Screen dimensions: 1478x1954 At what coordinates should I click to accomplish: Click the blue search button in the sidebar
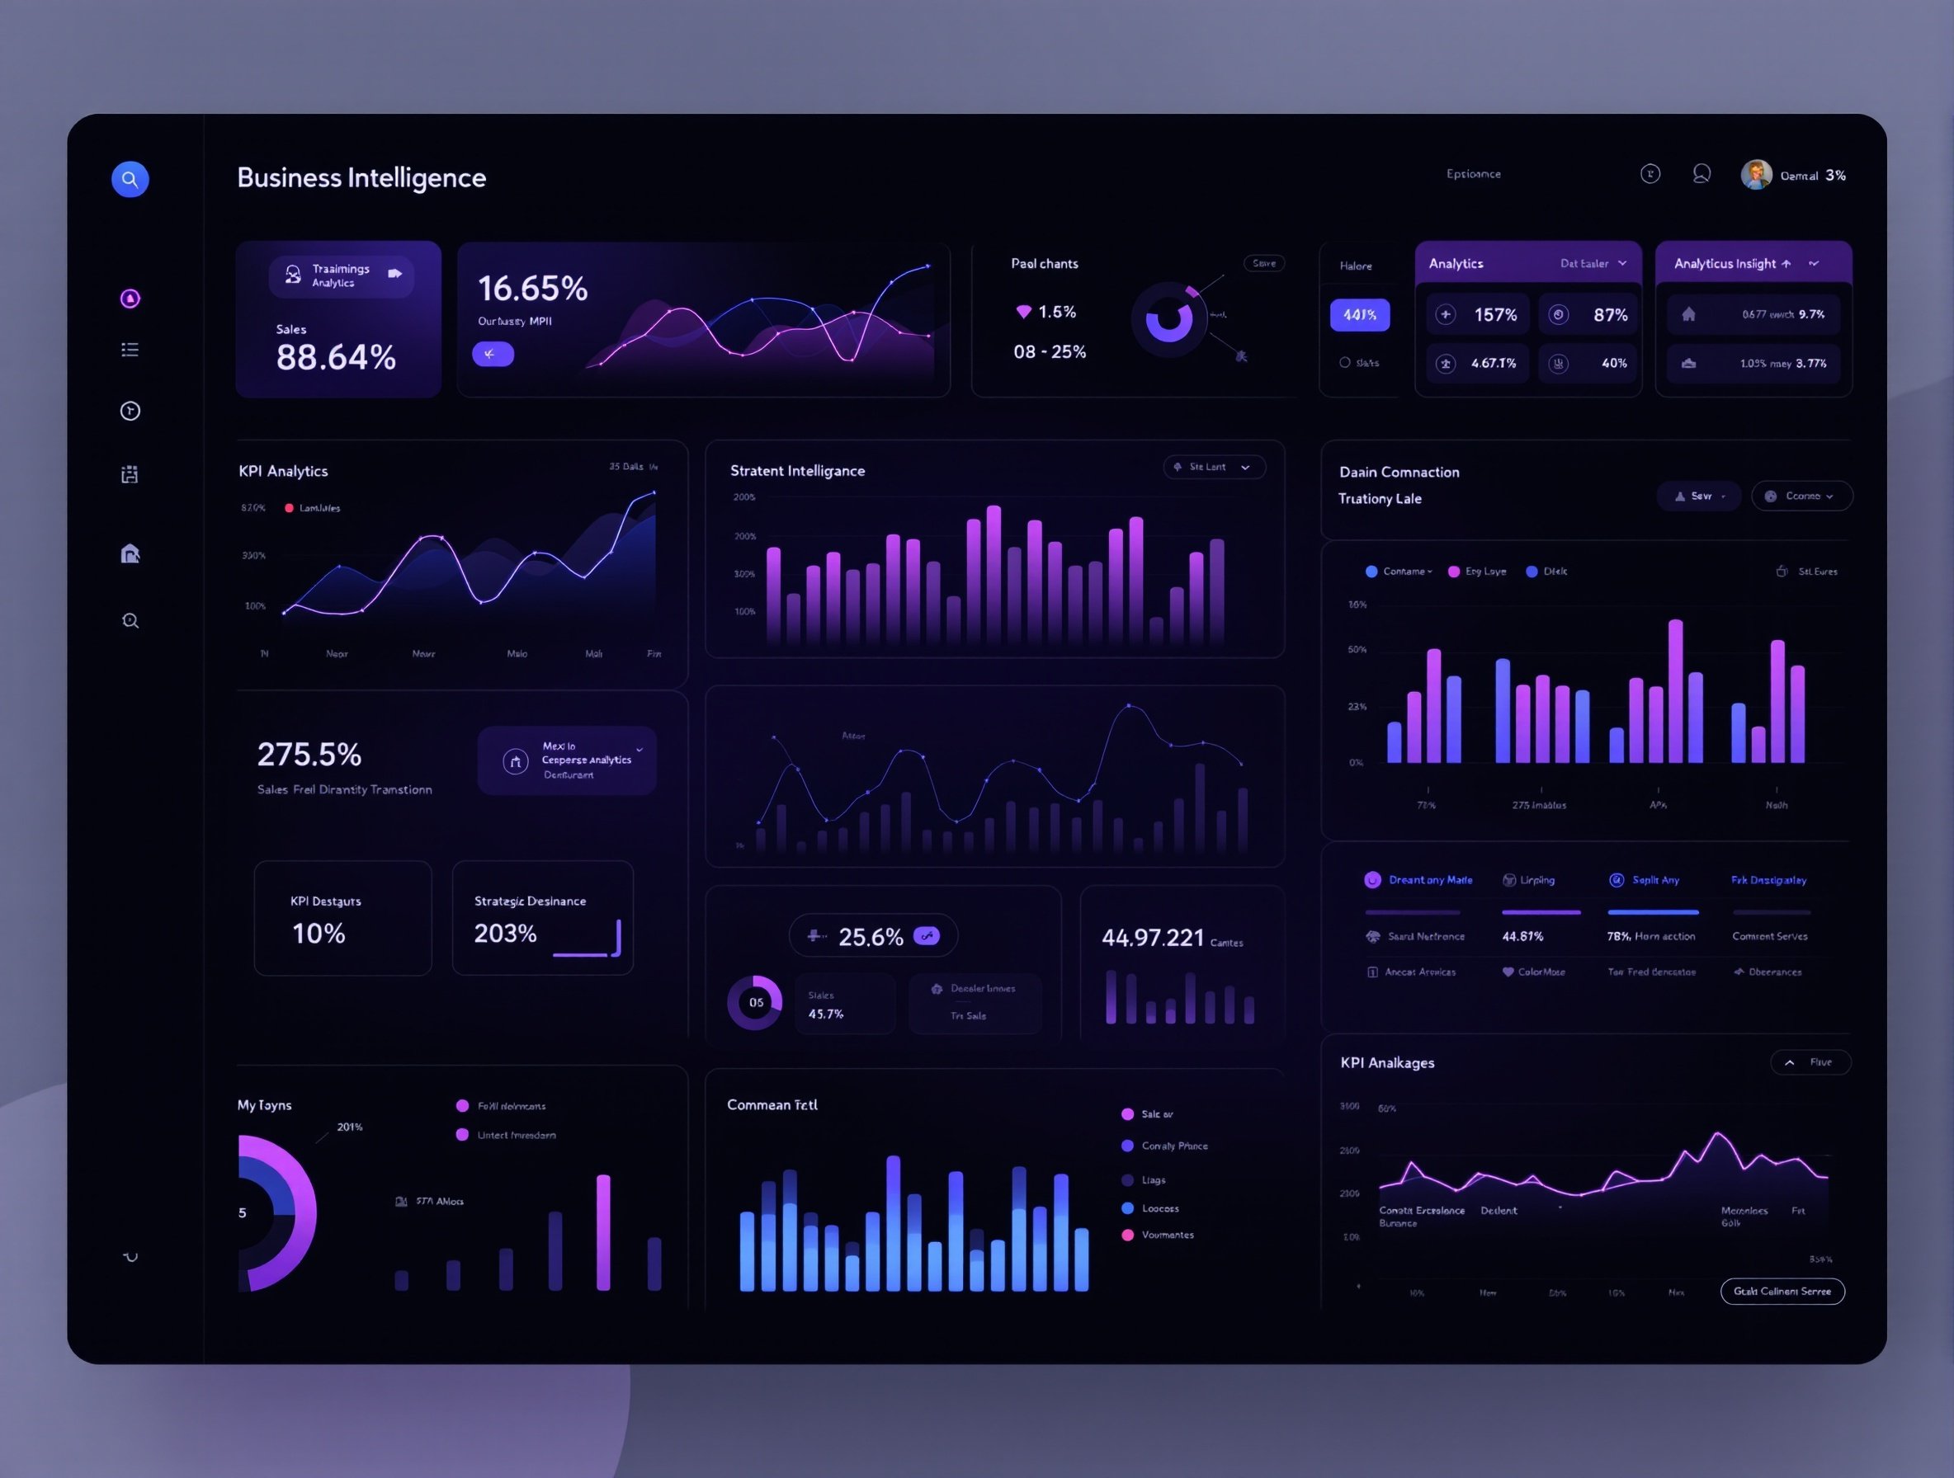(x=130, y=179)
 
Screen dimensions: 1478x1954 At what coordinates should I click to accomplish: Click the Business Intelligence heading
(x=361, y=177)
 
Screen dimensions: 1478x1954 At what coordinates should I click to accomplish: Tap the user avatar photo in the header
(x=1756, y=175)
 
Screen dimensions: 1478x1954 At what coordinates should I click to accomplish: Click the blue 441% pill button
(x=1360, y=315)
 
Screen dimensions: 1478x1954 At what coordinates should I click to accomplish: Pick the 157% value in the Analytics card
(x=1494, y=315)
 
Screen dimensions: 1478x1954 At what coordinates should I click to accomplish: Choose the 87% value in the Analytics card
(x=1609, y=315)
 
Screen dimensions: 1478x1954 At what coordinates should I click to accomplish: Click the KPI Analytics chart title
(x=283, y=472)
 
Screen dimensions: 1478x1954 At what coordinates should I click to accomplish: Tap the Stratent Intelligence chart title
(x=797, y=471)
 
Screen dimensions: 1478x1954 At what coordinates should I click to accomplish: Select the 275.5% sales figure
(x=309, y=755)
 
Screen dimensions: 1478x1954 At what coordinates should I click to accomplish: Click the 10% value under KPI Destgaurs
(x=318, y=934)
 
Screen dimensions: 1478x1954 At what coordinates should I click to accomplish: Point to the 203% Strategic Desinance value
(x=505, y=934)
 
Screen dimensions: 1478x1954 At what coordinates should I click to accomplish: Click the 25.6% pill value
(x=871, y=937)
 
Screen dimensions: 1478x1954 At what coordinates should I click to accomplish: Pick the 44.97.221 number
(x=1152, y=938)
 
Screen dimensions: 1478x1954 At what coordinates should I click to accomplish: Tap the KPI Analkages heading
(x=1387, y=1063)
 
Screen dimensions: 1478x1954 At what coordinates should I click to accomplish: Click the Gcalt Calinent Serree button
(x=1782, y=1292)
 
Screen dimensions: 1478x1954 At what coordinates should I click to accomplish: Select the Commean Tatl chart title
(x=772, y=1105)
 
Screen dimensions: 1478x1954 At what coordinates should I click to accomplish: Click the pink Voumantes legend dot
(x=1127, y=1236)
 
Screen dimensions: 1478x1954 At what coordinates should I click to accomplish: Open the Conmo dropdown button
(x=1801, y=497)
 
